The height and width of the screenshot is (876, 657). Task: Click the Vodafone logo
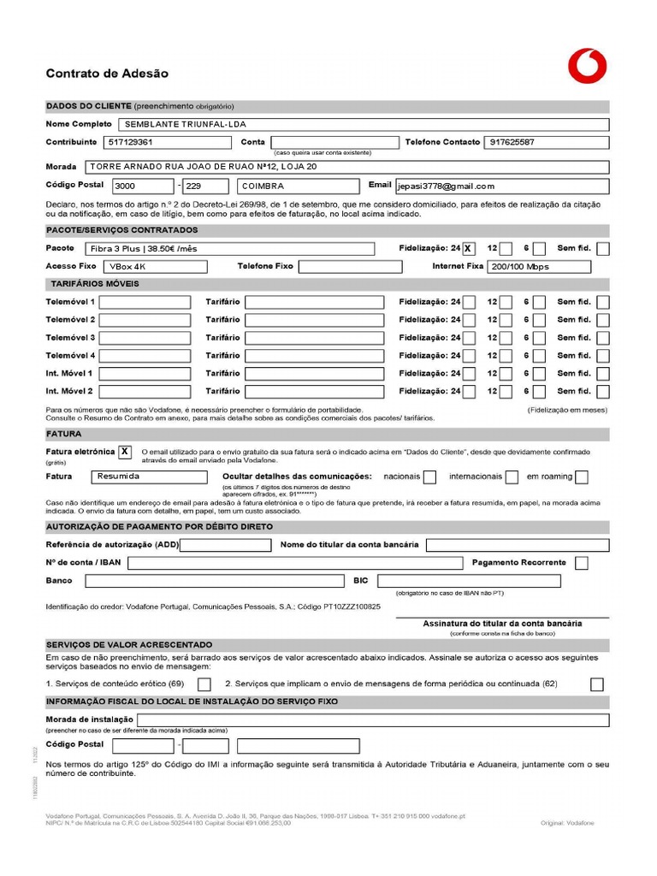(x=587, y=66)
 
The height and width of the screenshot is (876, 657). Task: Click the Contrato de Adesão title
(x=107, y=74)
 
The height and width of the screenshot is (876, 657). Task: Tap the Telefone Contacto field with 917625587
(x=547, y=142)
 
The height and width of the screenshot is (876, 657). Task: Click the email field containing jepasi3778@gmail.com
(x=500, y=186)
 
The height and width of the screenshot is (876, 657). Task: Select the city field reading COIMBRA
(x=298, y=186)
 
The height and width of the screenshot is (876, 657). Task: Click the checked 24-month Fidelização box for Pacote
(x=468, y=249)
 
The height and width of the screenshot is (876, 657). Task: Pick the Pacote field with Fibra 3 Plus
(x=229, y=249)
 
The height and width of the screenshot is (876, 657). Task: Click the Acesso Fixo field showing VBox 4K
(x=153, y=267)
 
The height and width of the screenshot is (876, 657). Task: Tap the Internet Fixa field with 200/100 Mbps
(x=539, y=267)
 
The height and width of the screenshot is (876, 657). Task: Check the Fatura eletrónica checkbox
(x=125, y=452)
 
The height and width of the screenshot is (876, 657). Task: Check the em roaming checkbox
(x=581, y=476)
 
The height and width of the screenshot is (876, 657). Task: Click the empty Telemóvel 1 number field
(x=145, y=302)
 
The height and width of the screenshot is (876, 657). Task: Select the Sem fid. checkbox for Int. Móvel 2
(x=603, y=391)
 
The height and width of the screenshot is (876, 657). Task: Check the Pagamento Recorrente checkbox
(x=582, y=563)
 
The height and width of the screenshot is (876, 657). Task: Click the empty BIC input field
(x=469, y=581)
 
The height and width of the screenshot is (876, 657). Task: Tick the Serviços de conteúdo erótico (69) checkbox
(x=204, y=684)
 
